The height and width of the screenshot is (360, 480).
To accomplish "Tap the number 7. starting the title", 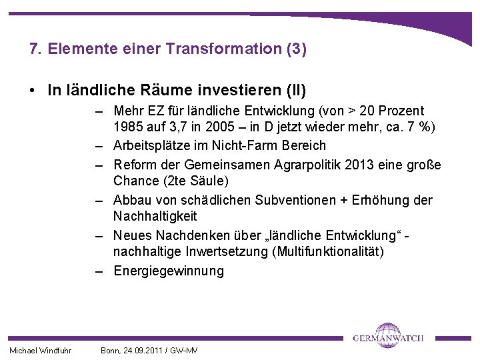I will pyautogui.click(x=36, y=49).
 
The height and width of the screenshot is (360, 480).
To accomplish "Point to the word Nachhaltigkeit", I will pyautogui.click(x=155, y=217).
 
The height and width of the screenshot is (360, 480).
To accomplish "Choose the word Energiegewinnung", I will pyautogui.click(x=169, y=271).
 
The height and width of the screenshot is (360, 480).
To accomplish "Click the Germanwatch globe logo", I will pyautogui.click(x=389, y=335).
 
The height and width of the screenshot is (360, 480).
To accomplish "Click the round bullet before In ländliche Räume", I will pyautogui.click(x=33, y=89).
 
